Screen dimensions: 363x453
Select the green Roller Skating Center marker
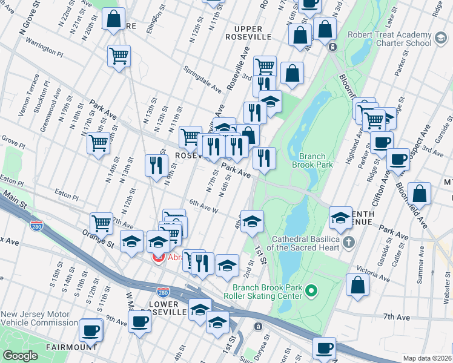[x=311, y=292]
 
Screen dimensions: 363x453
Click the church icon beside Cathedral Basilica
[x=348, y=243]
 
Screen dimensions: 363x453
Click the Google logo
[x=20, y=356]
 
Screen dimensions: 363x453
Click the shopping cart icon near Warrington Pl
[x=119, y=56]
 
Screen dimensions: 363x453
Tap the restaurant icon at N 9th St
[x=156, y=165]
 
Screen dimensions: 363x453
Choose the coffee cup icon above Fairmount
[x=91, y=330]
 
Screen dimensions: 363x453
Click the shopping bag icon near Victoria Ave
[x=357, y=284]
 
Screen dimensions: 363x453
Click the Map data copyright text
[x=428, y=358]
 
